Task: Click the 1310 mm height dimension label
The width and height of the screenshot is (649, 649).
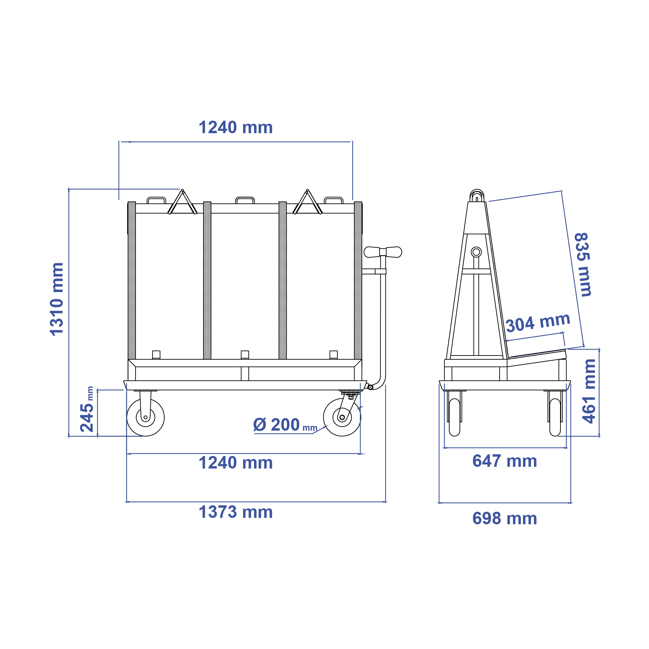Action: [x=56, y=299]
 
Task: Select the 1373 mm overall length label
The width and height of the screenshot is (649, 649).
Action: [x=236, y=512]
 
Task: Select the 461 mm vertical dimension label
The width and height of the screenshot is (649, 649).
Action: [x=589, y=391]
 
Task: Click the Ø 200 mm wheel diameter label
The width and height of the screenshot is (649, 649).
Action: [x=285, y=425]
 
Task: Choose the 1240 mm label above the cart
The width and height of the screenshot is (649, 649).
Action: [x=236, y=127]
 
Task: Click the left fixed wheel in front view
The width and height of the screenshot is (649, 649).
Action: [x=145, y=417]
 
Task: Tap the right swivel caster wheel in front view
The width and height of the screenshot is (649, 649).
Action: [x=342, y=417]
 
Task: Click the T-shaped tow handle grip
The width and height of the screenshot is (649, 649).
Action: [x=383, y=252]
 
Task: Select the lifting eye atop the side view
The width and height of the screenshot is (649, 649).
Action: [x=477, y=195]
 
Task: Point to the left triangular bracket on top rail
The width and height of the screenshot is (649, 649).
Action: [x=183, y=203]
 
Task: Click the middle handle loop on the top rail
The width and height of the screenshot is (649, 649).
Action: [x=245, y=200]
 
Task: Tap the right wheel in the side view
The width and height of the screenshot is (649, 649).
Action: [x=555, y=417]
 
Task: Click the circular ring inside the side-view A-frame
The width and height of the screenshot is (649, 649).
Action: [x=476, y=252]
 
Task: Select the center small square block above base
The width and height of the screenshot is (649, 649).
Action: [x=245, y=355]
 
